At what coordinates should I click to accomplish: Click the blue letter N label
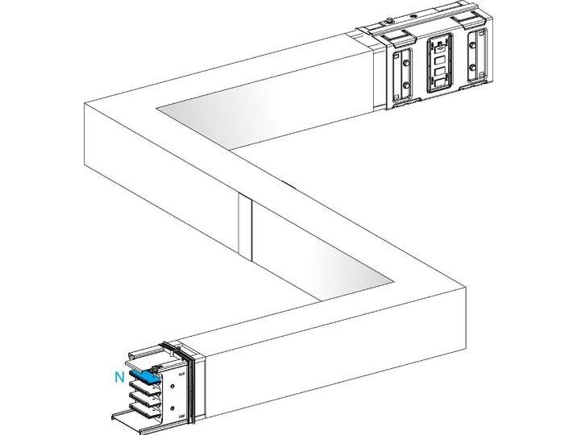pyautogui.click(x=119, y=375)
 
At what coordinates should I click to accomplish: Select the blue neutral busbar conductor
pyautogui.click(x=143, y=376)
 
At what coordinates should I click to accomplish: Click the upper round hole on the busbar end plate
pyautogui.click(x=171, y=379)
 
